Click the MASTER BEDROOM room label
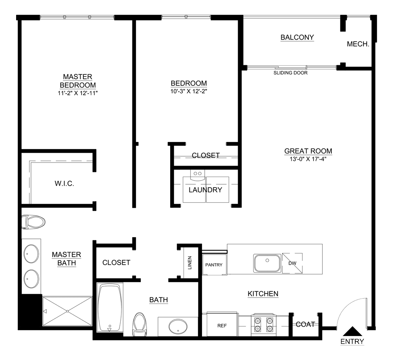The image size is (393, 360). pos(77,81)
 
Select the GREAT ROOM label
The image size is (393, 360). pos(308,151)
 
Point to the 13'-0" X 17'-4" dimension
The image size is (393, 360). pos(308,159)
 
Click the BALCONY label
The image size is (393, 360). pos(297,38)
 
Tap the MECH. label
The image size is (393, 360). pos(358,44)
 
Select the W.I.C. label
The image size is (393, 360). pos(64,184)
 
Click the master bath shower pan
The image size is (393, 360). pos(67,311)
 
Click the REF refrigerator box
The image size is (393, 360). pos(222,325)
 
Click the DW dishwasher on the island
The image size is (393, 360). pos(292,264)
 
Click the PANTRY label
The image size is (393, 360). pos(214,265)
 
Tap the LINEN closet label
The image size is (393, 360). pos(190,262)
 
